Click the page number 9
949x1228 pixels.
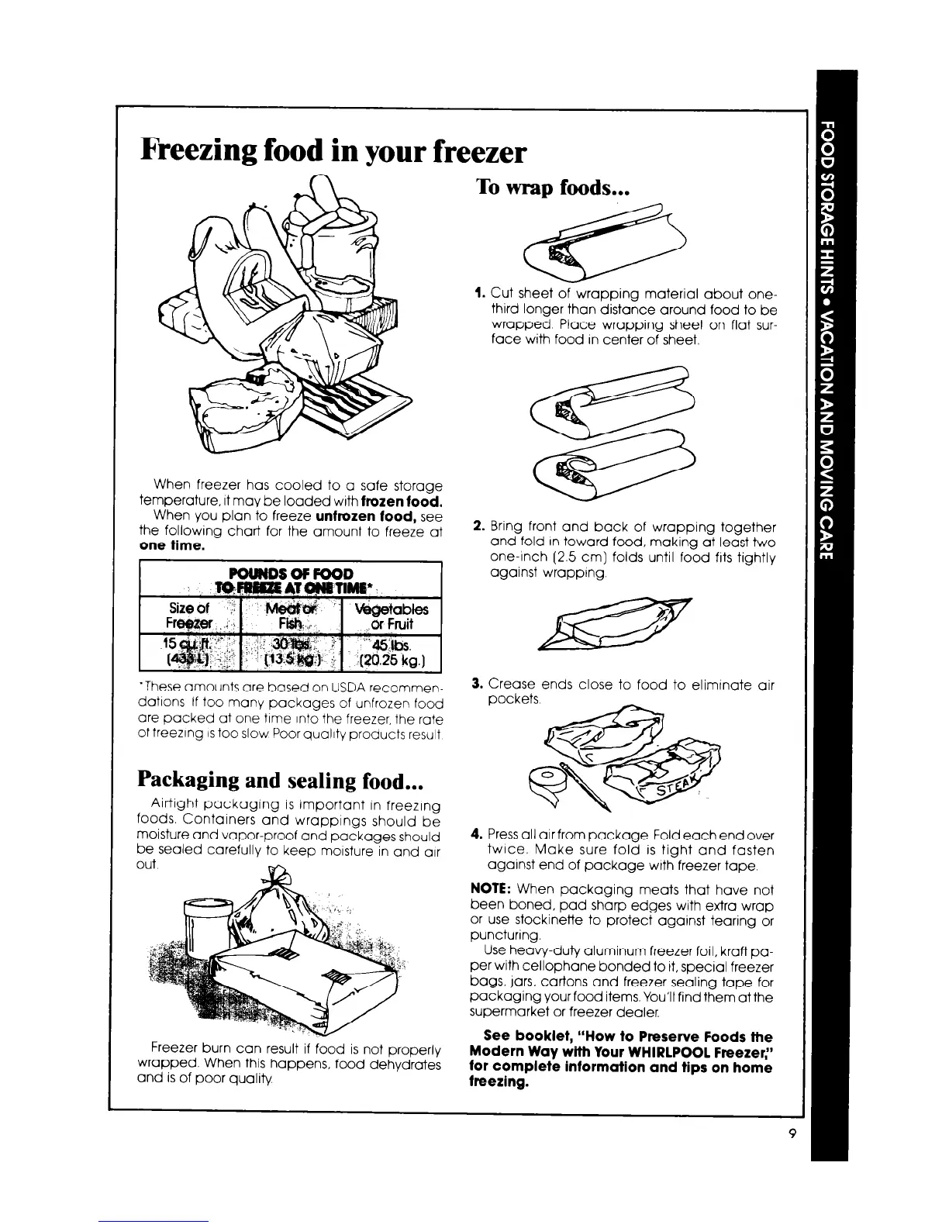click(x=792, y=1133)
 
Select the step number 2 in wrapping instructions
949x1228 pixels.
click(x=478, y=527)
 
